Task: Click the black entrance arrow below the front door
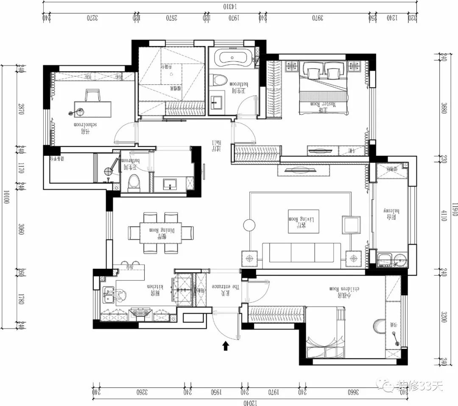click(x=226, y=346)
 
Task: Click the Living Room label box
click(x=303, y=221)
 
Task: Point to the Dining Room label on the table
click(x=161, y=231)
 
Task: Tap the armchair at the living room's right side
click(x=351, y=225)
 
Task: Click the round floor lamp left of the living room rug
click(x=249, y=225)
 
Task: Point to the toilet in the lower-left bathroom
click(x=134, y=182)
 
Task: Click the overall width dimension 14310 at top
click(x=229, y=6)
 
